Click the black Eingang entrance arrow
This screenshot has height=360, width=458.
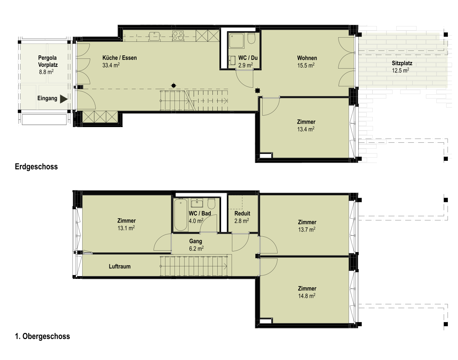point(64,99)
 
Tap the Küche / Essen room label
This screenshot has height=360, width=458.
point(119,58)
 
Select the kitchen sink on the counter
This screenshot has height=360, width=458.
point(154,36)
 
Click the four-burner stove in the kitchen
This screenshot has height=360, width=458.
point(178,36)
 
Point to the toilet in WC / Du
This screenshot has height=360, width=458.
point(251,38)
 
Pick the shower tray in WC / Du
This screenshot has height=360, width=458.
point(236,41)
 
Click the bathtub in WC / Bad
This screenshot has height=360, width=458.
point(180,215)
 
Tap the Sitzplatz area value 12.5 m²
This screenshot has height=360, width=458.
point(401,70)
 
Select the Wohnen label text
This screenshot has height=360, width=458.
point(307,58)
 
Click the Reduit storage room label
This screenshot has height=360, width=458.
point(242,213)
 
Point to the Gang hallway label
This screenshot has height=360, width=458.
point(196,241)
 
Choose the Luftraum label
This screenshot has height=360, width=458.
point(119,266)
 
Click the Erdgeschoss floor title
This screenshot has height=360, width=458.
point(36,166)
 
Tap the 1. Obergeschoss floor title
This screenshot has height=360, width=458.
point(42,336)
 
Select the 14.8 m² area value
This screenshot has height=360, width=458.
point(307,296)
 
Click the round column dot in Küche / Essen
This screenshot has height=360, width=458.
point(174,86)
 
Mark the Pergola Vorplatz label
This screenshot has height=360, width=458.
point(48,61)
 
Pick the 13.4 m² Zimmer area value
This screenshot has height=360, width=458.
point(306,129)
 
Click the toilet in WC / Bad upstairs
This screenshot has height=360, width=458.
point(211,204)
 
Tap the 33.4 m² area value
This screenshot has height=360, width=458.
point(111,65)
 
